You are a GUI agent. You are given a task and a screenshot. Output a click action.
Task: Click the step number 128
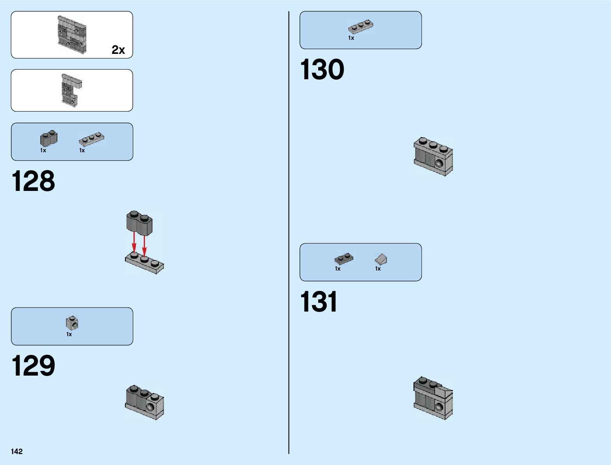pos(34,181)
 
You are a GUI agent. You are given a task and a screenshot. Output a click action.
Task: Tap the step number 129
pos(34,366)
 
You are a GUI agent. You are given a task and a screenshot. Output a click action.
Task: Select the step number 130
pos(322,70)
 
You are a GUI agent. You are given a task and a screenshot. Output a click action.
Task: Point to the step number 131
pos(319,302)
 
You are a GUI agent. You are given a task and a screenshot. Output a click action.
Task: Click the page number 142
pos(17,451)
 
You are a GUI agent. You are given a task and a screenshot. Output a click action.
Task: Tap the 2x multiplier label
pos(118,50)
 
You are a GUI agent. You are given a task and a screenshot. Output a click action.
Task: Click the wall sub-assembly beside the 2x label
pos(72,35)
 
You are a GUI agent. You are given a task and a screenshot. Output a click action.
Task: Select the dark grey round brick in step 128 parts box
pos(48,138)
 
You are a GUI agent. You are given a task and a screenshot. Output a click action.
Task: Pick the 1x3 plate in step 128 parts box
pos(91,139)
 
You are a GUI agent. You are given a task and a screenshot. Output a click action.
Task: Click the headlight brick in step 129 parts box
pos(72,323)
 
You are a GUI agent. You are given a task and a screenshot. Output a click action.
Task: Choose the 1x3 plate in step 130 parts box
pos(360,27)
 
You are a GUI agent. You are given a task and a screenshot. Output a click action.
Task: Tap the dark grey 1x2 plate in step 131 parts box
pos(344,258)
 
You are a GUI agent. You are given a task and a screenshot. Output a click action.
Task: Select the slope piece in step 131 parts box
pos(381,259)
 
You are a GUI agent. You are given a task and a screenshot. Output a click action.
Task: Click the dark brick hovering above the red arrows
pos(139,223)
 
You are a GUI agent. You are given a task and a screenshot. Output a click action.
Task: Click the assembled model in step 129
pos(144,402)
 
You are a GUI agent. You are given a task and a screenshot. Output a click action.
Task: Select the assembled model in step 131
pos(433,398)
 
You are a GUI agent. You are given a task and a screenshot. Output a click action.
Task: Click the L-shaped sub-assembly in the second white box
pos(71,90)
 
